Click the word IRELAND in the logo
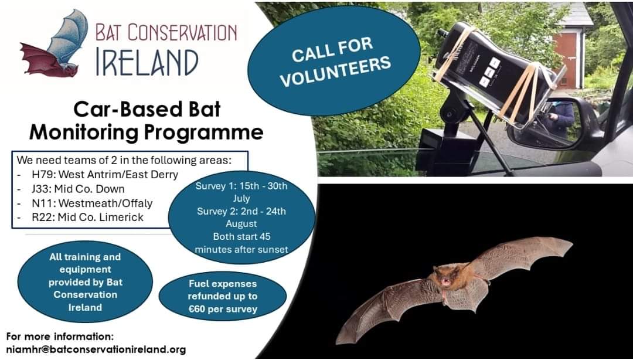(147, 61)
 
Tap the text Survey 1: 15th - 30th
(242, 186)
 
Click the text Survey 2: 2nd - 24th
(242, 211)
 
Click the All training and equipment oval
(85, 282)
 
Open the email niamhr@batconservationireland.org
(96, 349)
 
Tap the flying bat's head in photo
(444, 277)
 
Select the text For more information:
(60, 337)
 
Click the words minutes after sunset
(242, 249)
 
